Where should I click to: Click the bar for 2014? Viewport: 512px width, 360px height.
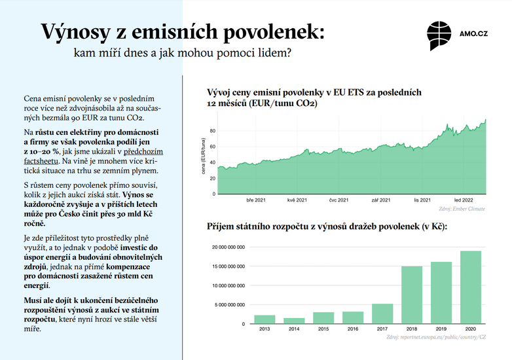click(x=293, y=320)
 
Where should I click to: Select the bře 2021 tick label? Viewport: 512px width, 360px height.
click(x=255, y=199)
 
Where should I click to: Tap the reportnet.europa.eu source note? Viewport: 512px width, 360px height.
click(x=435, y=337)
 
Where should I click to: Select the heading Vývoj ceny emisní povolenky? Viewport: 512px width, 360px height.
click(x=314, y=98)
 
